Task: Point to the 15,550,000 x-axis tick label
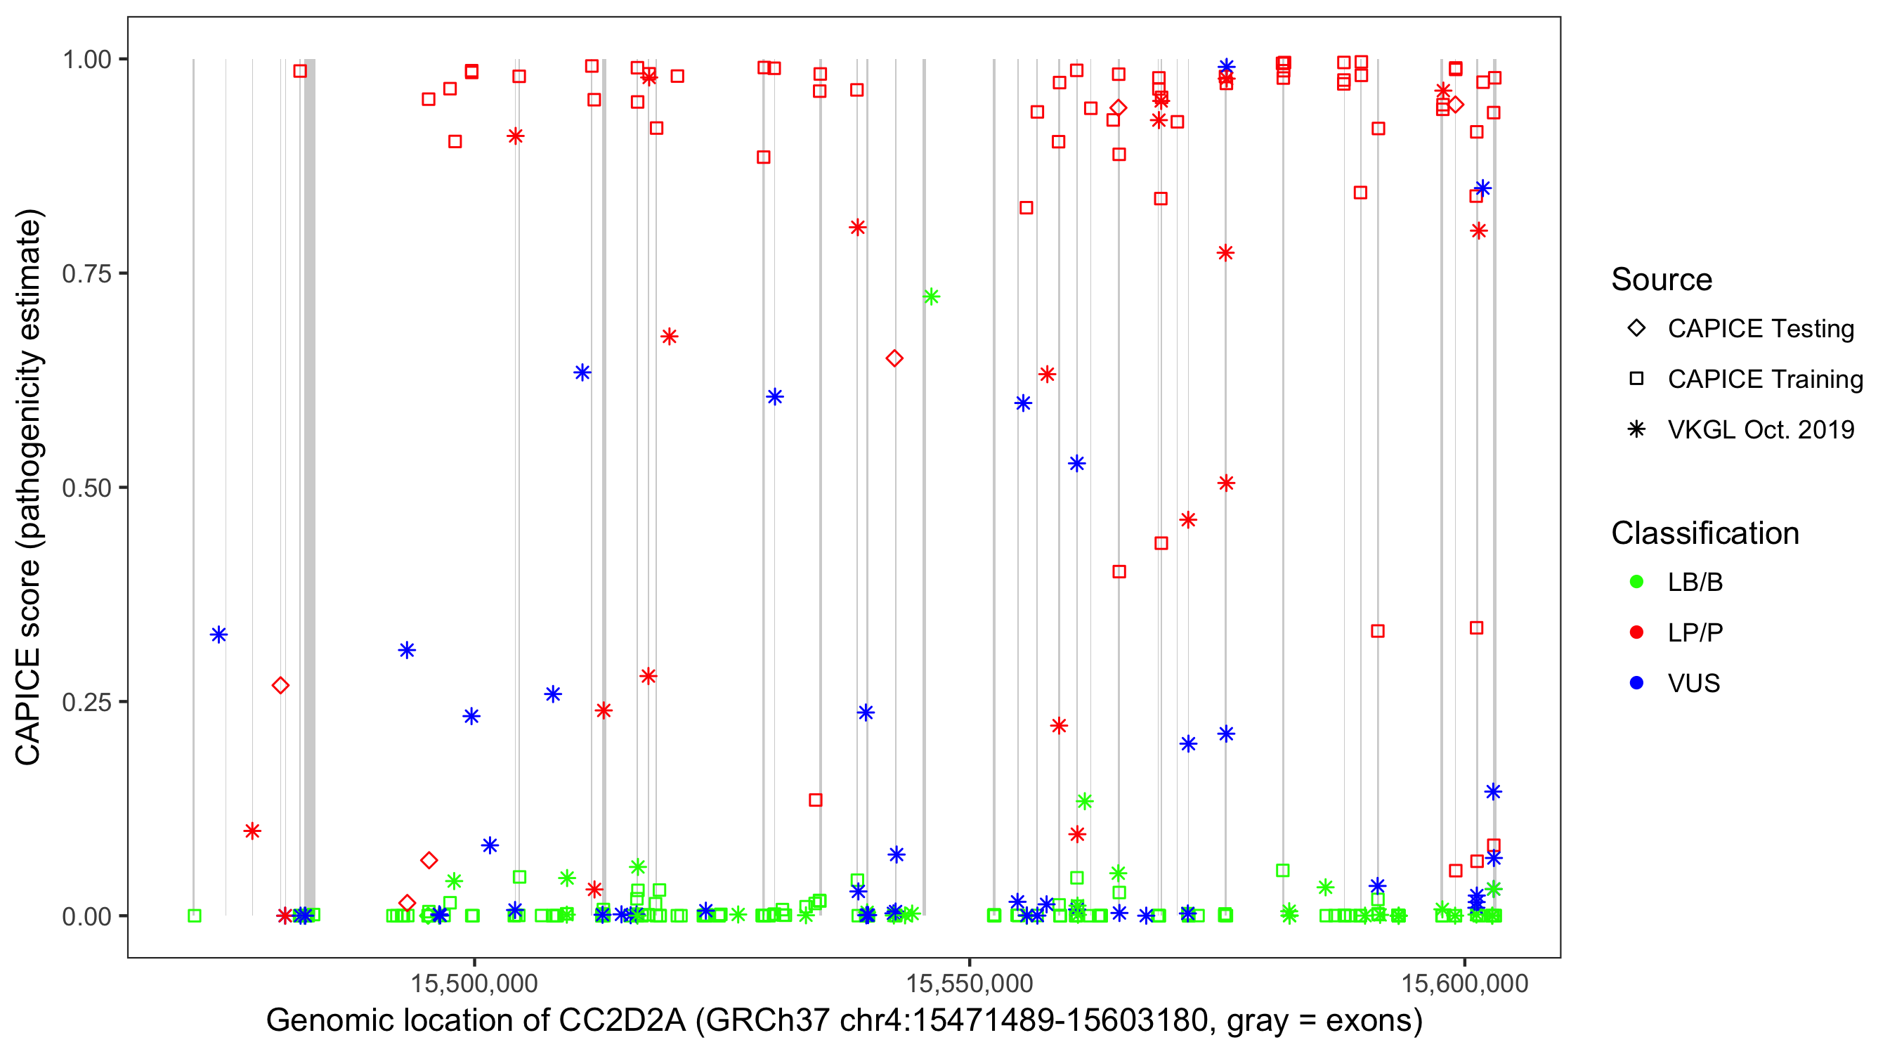[x=969, y=983]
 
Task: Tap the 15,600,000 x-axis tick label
[x=1464, y=983]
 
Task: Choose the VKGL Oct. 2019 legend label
[x=1761, y=429]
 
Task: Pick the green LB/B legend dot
[x=1636, y=582]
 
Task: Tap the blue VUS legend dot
[x=1636, y=683]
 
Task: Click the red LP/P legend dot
[x=1636, y=632]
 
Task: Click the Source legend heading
[x=1662, y=280]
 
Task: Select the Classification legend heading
[x=1704, y=533]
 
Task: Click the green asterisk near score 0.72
[x=931, y=297]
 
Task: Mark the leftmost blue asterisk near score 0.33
[x=218, y=635]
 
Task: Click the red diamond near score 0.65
[x=894, y=358]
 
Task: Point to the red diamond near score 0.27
[x=280, y=686]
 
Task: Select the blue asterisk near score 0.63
[x=582, y=372]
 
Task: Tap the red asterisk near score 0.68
[x=669, y=337]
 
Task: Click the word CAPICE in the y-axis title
[x=28, y=706]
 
